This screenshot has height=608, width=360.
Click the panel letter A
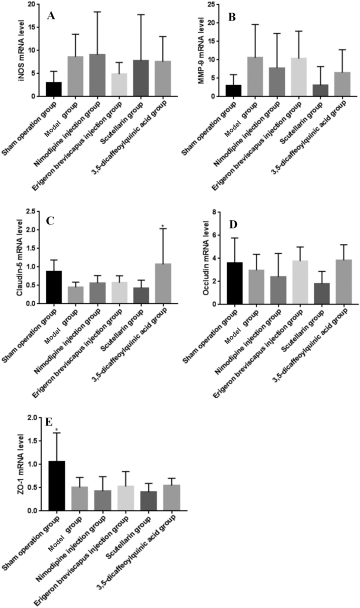(51, 16)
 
